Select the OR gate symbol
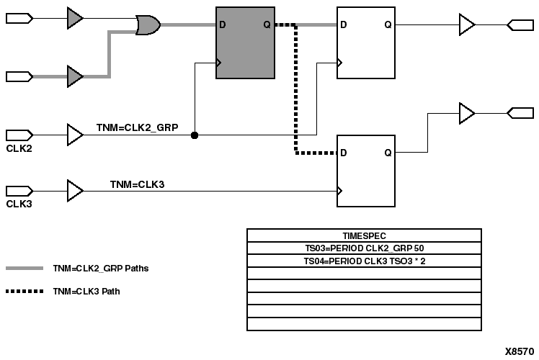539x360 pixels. pos(148,26)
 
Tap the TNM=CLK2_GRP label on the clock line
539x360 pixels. pos(147,128)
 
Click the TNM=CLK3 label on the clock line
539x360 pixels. pos(138,184)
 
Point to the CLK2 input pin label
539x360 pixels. pos(18,149)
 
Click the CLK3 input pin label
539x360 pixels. pos(18,204)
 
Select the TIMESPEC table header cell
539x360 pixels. pos(364,235)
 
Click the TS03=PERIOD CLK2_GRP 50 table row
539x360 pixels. pos(364,248)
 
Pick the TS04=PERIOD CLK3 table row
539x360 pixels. pos(364,261)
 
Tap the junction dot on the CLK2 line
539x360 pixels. pos(195,135)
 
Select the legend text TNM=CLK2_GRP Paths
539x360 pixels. pos(100,268)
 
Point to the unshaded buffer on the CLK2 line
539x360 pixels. pos(74,135)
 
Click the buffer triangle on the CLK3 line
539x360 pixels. pos(74,191)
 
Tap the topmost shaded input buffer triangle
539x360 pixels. pos(74,18)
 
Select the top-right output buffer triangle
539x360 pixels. pos(467,26)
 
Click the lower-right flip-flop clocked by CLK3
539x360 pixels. pos(366,171)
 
